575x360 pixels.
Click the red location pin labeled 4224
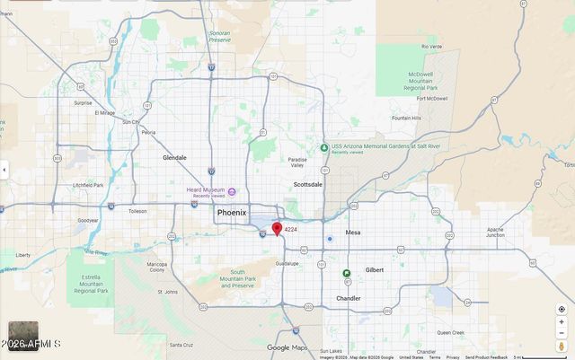tap(277, 229)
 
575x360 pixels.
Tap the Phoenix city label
tap(231, 213)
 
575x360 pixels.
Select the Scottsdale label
tap(308, 184)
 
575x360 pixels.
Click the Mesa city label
tap(352, 232)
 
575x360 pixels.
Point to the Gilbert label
tap(374, 269)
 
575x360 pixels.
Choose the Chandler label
tap(349, 298)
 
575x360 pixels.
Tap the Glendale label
tap(174, 157)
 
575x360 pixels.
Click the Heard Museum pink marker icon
tap(232, 191)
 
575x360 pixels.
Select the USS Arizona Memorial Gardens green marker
tap(324, 147)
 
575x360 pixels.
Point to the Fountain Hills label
tap(406, 118)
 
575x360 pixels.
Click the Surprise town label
tap(83, 102)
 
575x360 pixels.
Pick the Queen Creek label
tap(450, 331)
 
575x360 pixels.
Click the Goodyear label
tap(88, 220)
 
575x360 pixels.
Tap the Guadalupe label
tap(287, 263)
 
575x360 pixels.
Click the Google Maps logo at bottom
tap(287, 347)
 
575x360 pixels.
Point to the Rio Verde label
tap(433, 46)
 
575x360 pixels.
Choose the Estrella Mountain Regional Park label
tap(91, 284)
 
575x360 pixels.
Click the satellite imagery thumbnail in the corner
tap(23, 336)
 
